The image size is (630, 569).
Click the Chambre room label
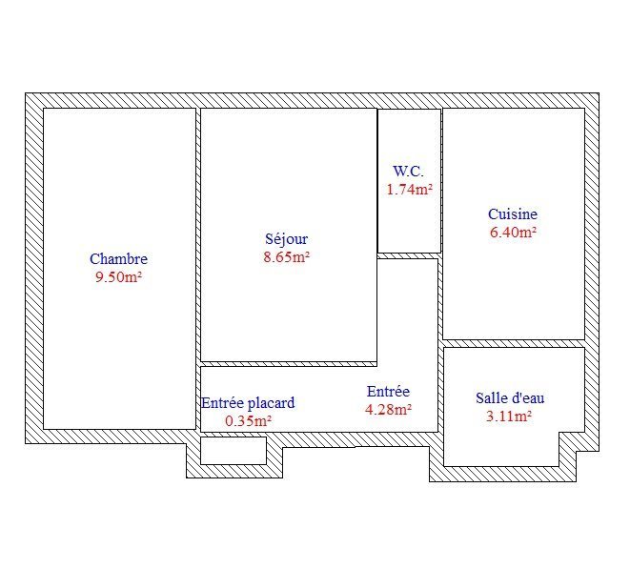coord(118,259)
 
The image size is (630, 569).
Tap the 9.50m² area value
coord(118,276)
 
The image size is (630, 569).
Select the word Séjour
coord(287,239)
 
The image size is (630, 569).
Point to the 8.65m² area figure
coord(287,256)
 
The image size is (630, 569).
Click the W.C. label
coord(408,172)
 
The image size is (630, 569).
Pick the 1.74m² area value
coord(410,190)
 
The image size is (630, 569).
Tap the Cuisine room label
coord(513,214)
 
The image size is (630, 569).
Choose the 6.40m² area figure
coord(513,233)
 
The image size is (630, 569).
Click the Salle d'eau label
coord(510,397)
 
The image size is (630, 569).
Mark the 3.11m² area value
coord(509,416)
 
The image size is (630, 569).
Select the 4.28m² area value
coord(388,410)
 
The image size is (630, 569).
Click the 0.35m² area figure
coord(249,421)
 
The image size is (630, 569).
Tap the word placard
coord(271,403)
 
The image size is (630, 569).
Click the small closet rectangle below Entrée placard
coord(234,451)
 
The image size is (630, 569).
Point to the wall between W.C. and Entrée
coord(409,256)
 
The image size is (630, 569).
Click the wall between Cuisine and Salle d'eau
coord(514,343)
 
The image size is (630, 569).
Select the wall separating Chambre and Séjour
coord(198,269)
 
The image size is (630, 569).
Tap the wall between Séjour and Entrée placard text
coord(289,364)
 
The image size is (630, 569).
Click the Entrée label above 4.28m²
coord(388,392)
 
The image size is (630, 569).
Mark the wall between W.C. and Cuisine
coord(441,181)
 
